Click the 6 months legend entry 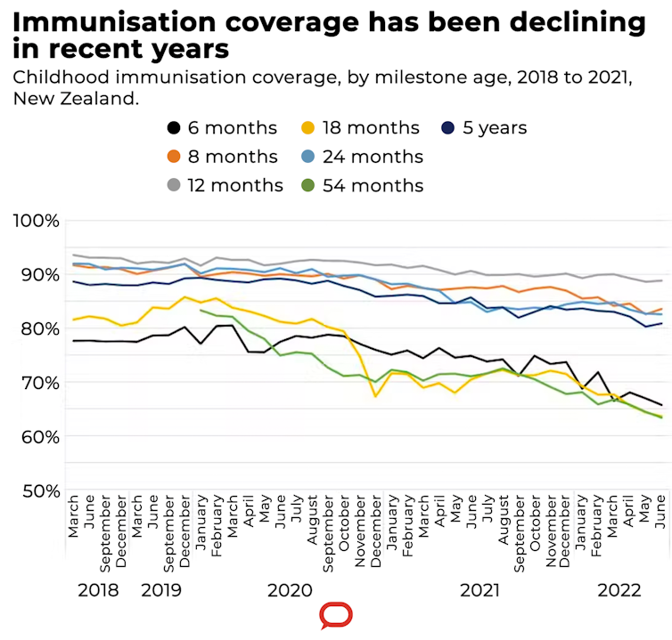coord(222,127)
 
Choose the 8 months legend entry coord(222,157)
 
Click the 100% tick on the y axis coord(36,220)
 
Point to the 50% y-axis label coord(36,490)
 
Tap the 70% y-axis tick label coord(36,383)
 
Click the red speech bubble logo coord(336,615)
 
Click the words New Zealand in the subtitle coord(76,98)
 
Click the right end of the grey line coord(660,280)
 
